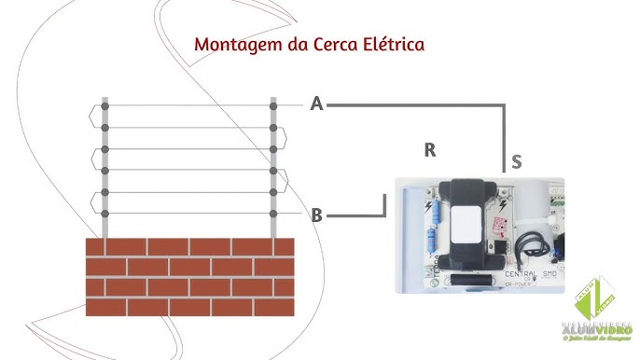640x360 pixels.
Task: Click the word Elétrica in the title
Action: (x=397, y=44)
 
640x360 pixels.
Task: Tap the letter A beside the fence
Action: (x=317, y=104)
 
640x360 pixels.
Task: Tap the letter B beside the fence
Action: (x=317, y=215)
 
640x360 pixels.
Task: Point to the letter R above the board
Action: (x=429, y=149)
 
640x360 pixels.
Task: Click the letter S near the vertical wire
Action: (x=516, y=162)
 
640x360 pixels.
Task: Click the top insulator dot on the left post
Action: (x=105, y=105)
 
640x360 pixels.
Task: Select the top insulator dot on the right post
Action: (x=273, y=105)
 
